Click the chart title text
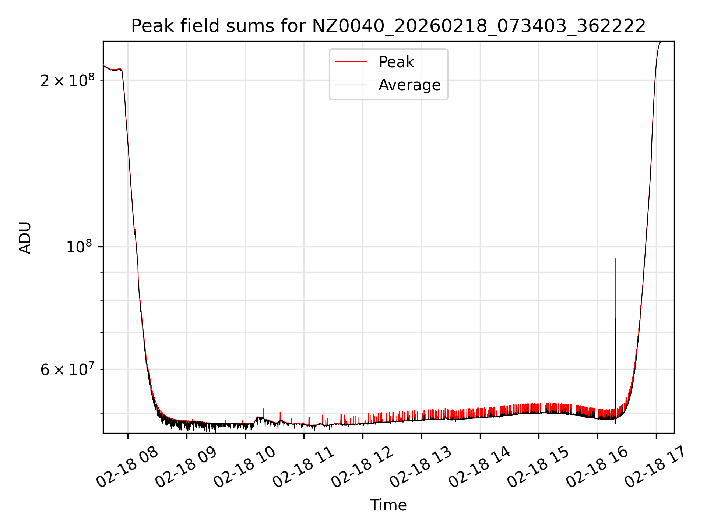pyautogui.click(x=388, y=26)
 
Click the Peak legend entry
pyautogui.click(x=396, y=62)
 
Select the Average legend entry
pyautogui.click(x=409, y=85)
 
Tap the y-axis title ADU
pyautogui.click(x=25, y=238)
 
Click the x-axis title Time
pyautogui.click(x=388, y=505)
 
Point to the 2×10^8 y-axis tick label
pyautogui.click(x=67, y=81)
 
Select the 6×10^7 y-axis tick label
pyautogui.click(x=67, y=369)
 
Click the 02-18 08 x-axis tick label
pyautogui.click(x=127, y=467)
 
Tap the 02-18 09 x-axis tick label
pyautogui.click(x=186, y=467)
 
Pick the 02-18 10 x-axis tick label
pyautogui.click(x=245, y=467)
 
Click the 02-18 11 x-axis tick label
pyautogui.click(x=303, y=467)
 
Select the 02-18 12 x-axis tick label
pyautogui.click(x=362, y=467)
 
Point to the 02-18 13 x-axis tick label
pyautogui.click(x=421, y=467)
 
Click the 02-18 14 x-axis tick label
pyautogui.click(x=479, y=467)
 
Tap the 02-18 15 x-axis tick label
pyautogui.click(x=538, y=467)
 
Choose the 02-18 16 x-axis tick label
pyautogui.click(x=597, y=467)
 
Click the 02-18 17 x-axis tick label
pyautogui.click(x=656, y=467)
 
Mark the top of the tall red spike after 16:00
pyautogui.click(x=615, y=259)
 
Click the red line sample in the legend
pyautogui.click(x=351, y=62)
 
